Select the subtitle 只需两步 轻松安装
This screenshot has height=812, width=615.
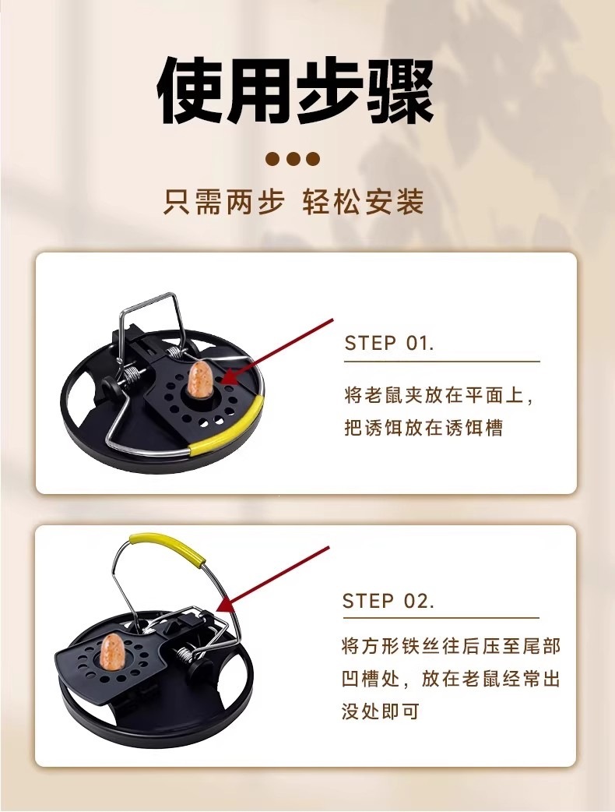293,202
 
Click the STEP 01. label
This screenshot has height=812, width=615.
389,343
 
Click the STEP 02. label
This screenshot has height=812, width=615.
388,601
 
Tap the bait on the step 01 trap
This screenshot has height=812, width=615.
198,380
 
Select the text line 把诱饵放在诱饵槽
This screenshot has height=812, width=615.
423,428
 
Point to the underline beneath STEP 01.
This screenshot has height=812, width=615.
441,362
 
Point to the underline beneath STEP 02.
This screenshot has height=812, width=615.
441,618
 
